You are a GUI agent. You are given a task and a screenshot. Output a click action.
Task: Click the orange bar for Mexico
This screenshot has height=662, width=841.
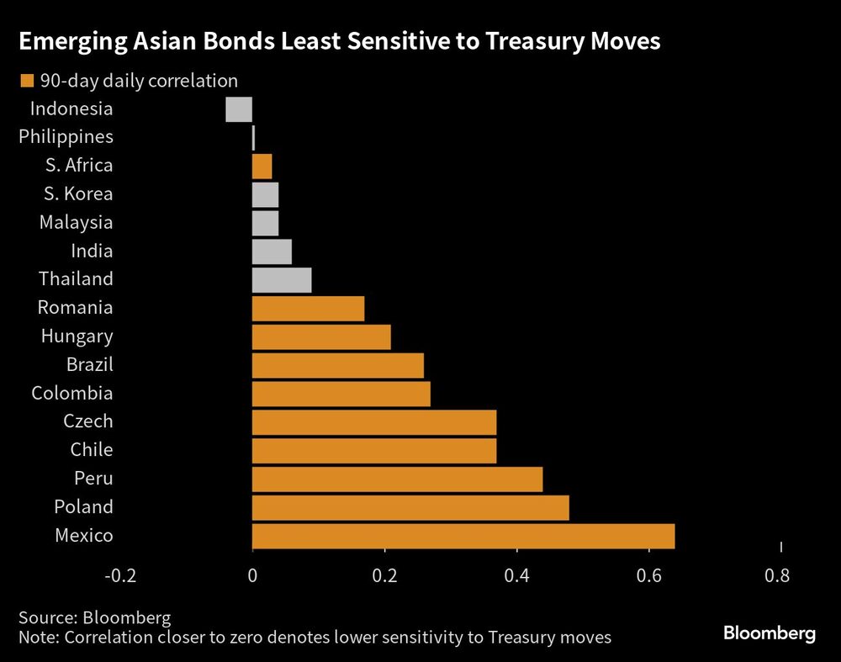tap(463, 536)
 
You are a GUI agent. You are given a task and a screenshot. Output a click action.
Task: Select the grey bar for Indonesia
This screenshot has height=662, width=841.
tap(239, 109)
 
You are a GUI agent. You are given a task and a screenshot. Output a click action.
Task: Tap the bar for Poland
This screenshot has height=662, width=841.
tap(410, 507)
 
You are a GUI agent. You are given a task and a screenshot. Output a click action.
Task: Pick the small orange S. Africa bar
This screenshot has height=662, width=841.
tap(262, 167)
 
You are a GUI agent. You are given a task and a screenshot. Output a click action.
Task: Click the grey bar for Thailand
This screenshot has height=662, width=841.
tap(282, 280)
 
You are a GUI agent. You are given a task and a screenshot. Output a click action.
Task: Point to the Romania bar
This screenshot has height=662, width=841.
tap(308, 309)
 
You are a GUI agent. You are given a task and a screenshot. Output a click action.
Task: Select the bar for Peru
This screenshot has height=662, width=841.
tap(397, 479)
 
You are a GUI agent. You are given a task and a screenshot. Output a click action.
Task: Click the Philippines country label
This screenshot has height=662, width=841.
tap(66, 136)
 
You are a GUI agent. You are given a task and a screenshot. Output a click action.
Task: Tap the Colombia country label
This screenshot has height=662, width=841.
tap(71, 393)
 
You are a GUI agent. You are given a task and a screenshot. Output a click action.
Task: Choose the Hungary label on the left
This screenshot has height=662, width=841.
tap(77, 336)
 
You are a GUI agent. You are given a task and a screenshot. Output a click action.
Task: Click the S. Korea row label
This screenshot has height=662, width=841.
tap(77, 193)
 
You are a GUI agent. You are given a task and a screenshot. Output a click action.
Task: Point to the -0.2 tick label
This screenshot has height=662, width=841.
tap(119, 576)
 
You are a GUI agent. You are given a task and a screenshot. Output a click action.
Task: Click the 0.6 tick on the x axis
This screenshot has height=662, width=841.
tap(648, 576)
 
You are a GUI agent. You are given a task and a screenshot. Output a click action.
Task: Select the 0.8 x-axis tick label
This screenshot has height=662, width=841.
tap(777, 576)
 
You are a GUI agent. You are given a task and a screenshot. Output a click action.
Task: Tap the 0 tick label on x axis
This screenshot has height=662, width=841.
tap(252, 576)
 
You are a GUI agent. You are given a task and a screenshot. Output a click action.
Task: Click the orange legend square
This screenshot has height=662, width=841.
tap(26, 82)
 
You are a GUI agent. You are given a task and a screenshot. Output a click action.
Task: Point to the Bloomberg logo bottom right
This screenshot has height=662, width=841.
tap(770, 633)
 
